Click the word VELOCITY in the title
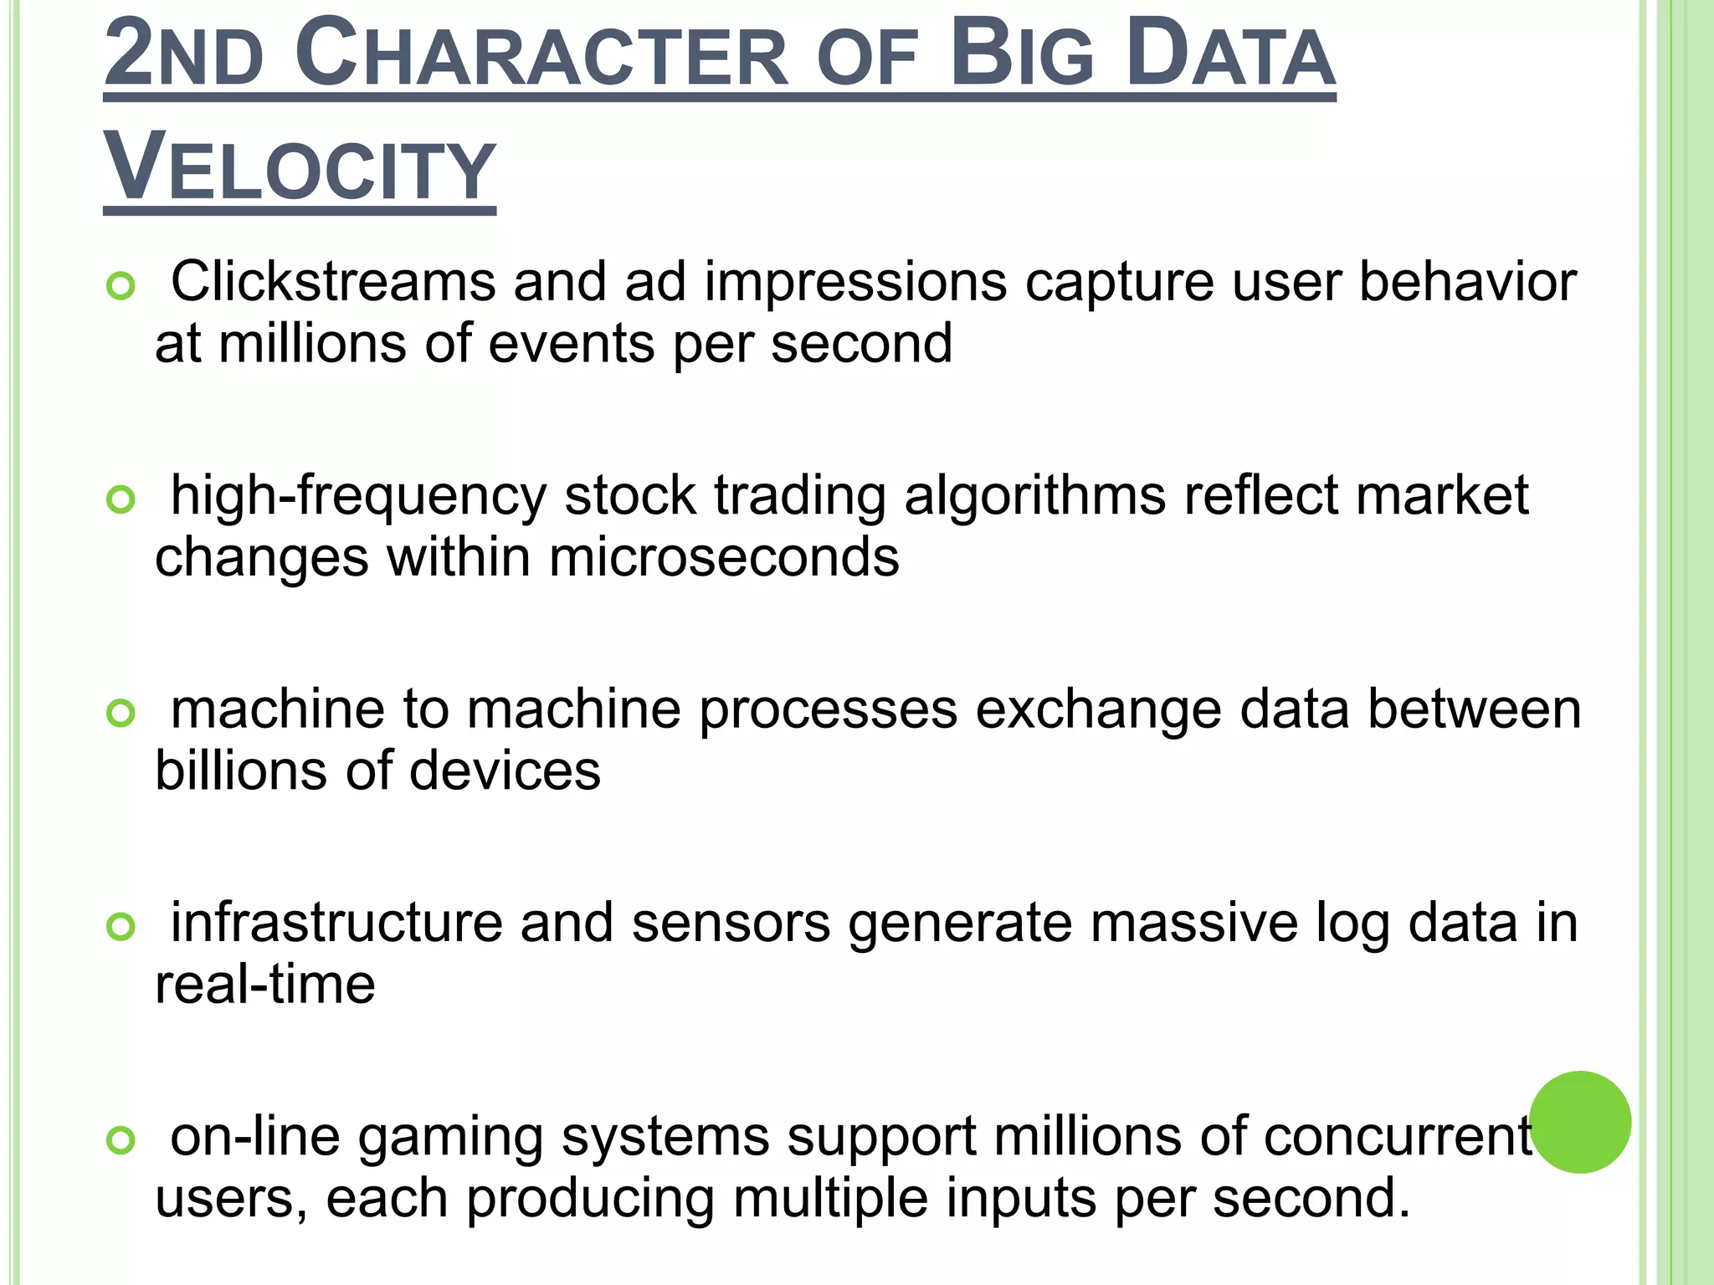[300, 167]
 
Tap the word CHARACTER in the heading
[541, 55]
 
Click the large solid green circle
[1580, 1122]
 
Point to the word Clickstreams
[333, 281]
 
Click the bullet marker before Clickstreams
[121, 287]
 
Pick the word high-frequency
[358, 496]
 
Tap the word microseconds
[724, 557]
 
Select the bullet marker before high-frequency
[121, 500]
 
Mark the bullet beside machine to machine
[121, 714]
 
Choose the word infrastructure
[336, 922]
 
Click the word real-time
[265, 984]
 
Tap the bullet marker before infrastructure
[121, 927]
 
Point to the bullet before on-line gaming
[121, 1140]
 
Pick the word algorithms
[1034, 496]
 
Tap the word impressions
[855, 283]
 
